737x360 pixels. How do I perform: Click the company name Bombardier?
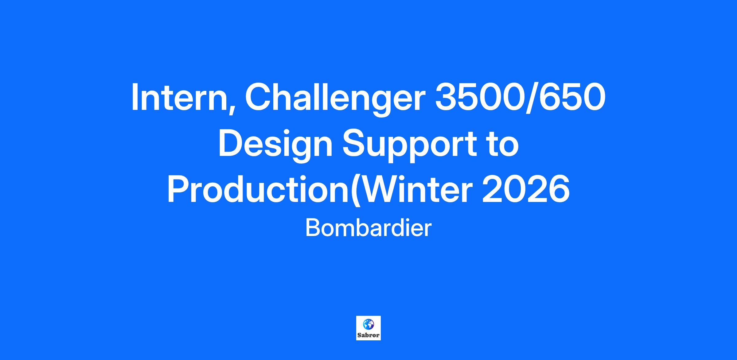(368, 228)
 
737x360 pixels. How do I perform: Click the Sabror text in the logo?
(368, 335)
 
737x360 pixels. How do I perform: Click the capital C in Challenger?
(258, 97)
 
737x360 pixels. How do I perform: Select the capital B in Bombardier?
(313, 228)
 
